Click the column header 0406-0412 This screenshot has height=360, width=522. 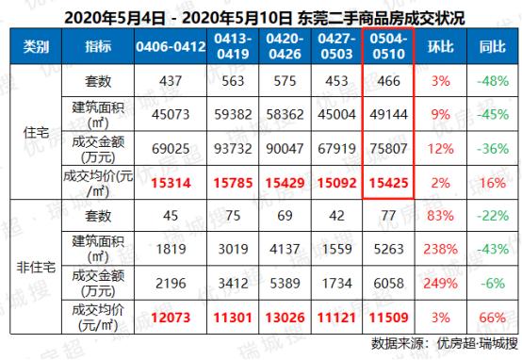pos(172,45)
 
